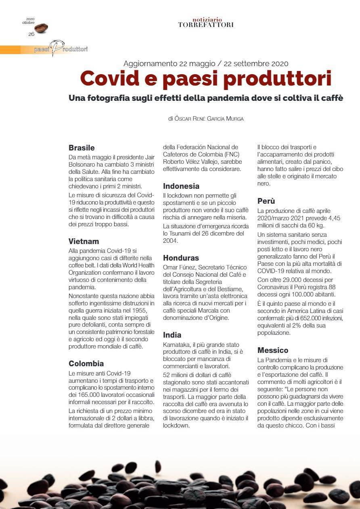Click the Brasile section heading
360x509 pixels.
point(82,148)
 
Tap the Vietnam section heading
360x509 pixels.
point(84,242)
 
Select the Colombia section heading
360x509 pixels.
point(86,364)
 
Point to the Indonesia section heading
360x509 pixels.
point(181,186)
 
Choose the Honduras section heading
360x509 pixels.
point(181,258)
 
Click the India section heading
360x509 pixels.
point(172,335)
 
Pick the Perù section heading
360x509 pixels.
point(266,201)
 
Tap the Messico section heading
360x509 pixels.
point(273,350)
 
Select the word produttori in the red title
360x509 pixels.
point(277,79)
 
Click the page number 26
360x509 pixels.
point(31,34)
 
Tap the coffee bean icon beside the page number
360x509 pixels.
point(41,28)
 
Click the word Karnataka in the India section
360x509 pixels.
point(176,345)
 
